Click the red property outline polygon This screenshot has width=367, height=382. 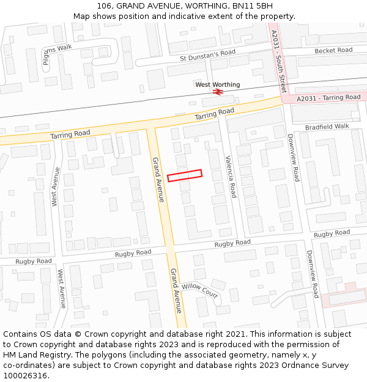pos(185,175)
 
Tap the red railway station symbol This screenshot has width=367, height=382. pos(217,92)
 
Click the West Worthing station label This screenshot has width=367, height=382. pos(218,84)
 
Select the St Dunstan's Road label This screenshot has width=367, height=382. pos(207,56)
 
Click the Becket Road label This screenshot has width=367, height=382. pos(333,50)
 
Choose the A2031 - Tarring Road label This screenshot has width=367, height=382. pos(328,98)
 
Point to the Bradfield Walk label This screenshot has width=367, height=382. pos(327,127)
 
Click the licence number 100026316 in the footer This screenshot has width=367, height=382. pos(26,376)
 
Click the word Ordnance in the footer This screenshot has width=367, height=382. pos(297,365)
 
